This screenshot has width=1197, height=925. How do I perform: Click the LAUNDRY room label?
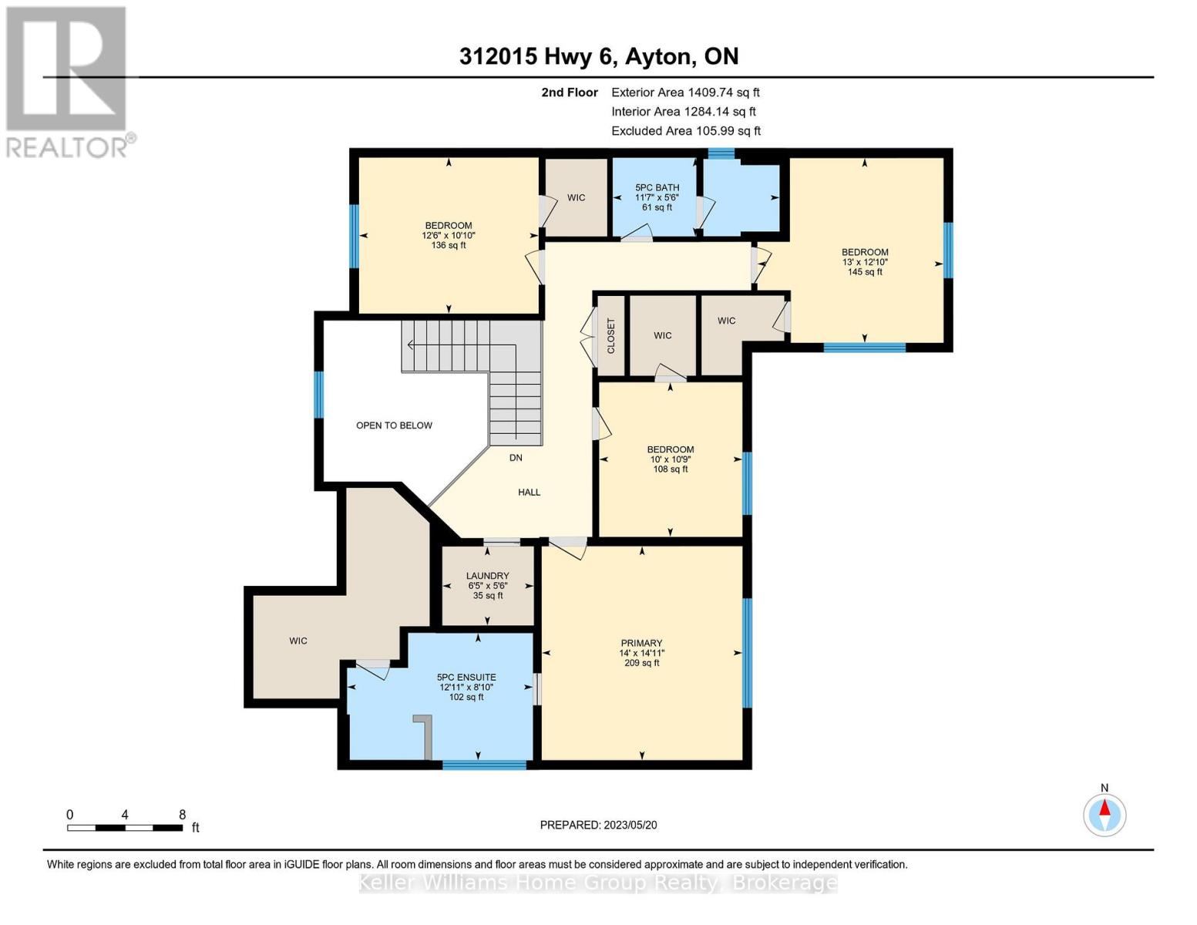tap(487, 576)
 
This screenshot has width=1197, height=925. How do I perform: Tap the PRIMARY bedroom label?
tap(641, 643)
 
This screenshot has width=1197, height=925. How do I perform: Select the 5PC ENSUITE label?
tap(466, 677)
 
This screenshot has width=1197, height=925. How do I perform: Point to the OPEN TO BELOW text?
tap(394, 425)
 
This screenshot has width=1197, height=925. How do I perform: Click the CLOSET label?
tap(611, 335)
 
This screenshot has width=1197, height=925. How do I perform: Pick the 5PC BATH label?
tap(657, 187)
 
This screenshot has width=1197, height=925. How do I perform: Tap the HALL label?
tap(529, 492)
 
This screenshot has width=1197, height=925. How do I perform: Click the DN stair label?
tap(516, 457)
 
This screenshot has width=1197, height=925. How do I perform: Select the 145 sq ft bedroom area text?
tap(865, 271)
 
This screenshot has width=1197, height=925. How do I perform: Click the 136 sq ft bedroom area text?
tap(449, 245)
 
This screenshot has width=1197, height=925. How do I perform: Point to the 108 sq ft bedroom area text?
tap(671, 469)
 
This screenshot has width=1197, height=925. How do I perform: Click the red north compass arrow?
tap(1105, 808)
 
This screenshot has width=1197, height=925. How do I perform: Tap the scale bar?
tap(125, 827)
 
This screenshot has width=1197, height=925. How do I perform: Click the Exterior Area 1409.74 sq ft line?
tap(685, 92)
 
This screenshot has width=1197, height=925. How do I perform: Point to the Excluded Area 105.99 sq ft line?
tap(686, 131)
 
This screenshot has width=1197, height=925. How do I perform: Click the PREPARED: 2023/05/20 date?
tap(598, 825)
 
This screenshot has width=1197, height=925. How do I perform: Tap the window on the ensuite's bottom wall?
tap(484, 765)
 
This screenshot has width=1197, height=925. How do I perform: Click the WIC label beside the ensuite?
tap(298, 641)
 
